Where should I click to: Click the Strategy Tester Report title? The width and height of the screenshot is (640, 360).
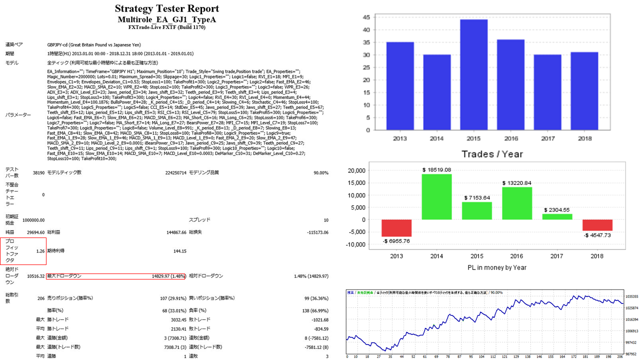tap(167, 9)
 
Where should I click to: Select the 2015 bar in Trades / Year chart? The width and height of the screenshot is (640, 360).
tap(473, 75)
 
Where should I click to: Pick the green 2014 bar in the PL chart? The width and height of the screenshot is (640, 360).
tap(437, 196)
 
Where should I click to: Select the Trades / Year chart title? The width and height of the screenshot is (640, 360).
tap(492, 153)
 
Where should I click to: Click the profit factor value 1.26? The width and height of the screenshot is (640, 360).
tap(41, 251)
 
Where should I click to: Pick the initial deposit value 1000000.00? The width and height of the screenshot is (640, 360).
tap(31, 219)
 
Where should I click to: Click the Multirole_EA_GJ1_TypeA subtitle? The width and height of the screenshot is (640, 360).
tap(167, 19)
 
